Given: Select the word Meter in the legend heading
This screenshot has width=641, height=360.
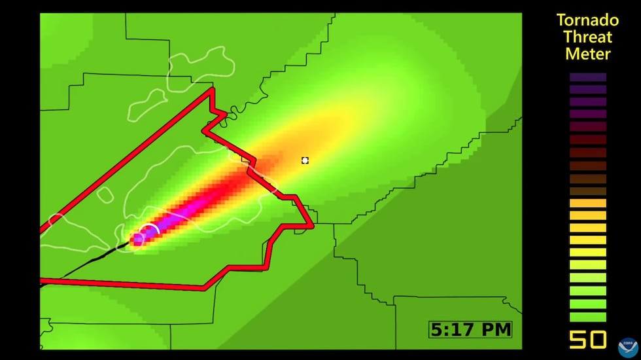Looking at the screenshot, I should (x=588, y=54).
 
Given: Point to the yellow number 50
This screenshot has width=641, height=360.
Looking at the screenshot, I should (x=587, y=340).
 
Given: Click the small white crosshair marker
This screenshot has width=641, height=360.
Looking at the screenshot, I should (x=305, y=160).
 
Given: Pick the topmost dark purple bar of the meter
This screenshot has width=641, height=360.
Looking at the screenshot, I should (x=588, y=77).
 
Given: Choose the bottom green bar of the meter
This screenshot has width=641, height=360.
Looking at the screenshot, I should (x=588, y=317).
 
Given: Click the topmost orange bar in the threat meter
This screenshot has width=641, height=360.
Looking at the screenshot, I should (x=588, y=204).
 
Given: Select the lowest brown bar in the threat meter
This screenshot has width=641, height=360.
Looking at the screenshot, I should (x=588, y=191).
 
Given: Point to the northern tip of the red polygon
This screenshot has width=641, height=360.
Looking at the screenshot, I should (x=211, y=90).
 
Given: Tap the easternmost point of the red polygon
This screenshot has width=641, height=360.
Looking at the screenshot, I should (x=313, y=225).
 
